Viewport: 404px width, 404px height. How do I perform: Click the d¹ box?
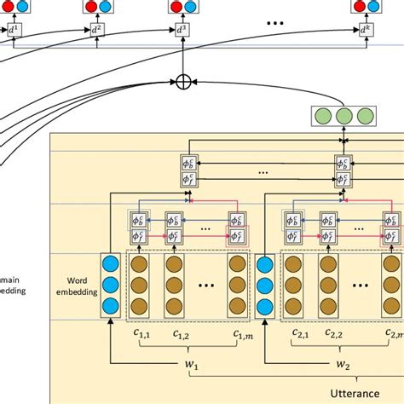tap(13, 32)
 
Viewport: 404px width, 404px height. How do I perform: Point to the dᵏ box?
tap(365, 32)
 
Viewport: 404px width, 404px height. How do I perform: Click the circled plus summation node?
tap(182, 81)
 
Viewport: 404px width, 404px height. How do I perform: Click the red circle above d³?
tap(175, 7)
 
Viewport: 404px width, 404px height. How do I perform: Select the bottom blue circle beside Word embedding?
tap(110, 304)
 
